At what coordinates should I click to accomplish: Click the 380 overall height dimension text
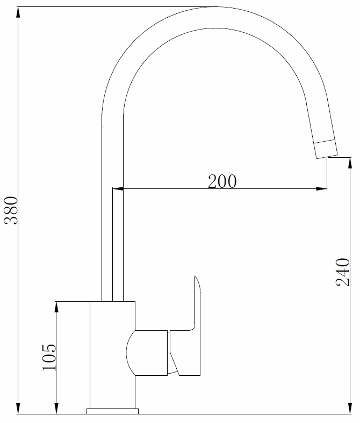pos(12,211)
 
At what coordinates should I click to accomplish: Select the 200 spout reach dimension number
pos(222,181)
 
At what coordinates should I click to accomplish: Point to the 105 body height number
pos(48,356)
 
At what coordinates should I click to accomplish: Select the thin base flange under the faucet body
pos(112,412)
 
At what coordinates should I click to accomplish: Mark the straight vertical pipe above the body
pos(112,242)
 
